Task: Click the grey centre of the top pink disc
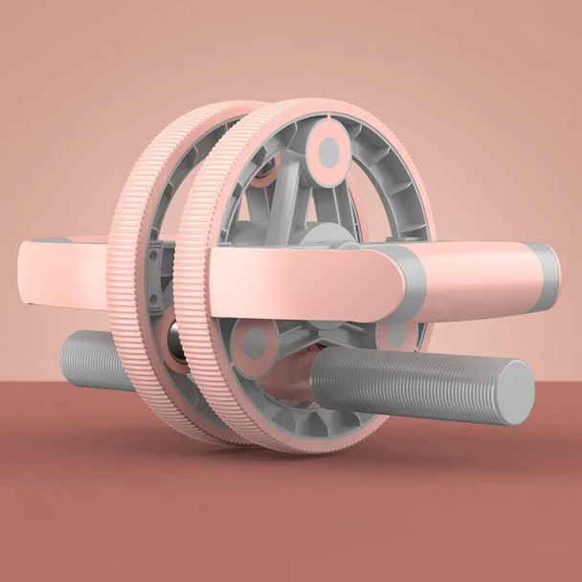tap(328, 151)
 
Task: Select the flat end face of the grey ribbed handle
tap(517, 392)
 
